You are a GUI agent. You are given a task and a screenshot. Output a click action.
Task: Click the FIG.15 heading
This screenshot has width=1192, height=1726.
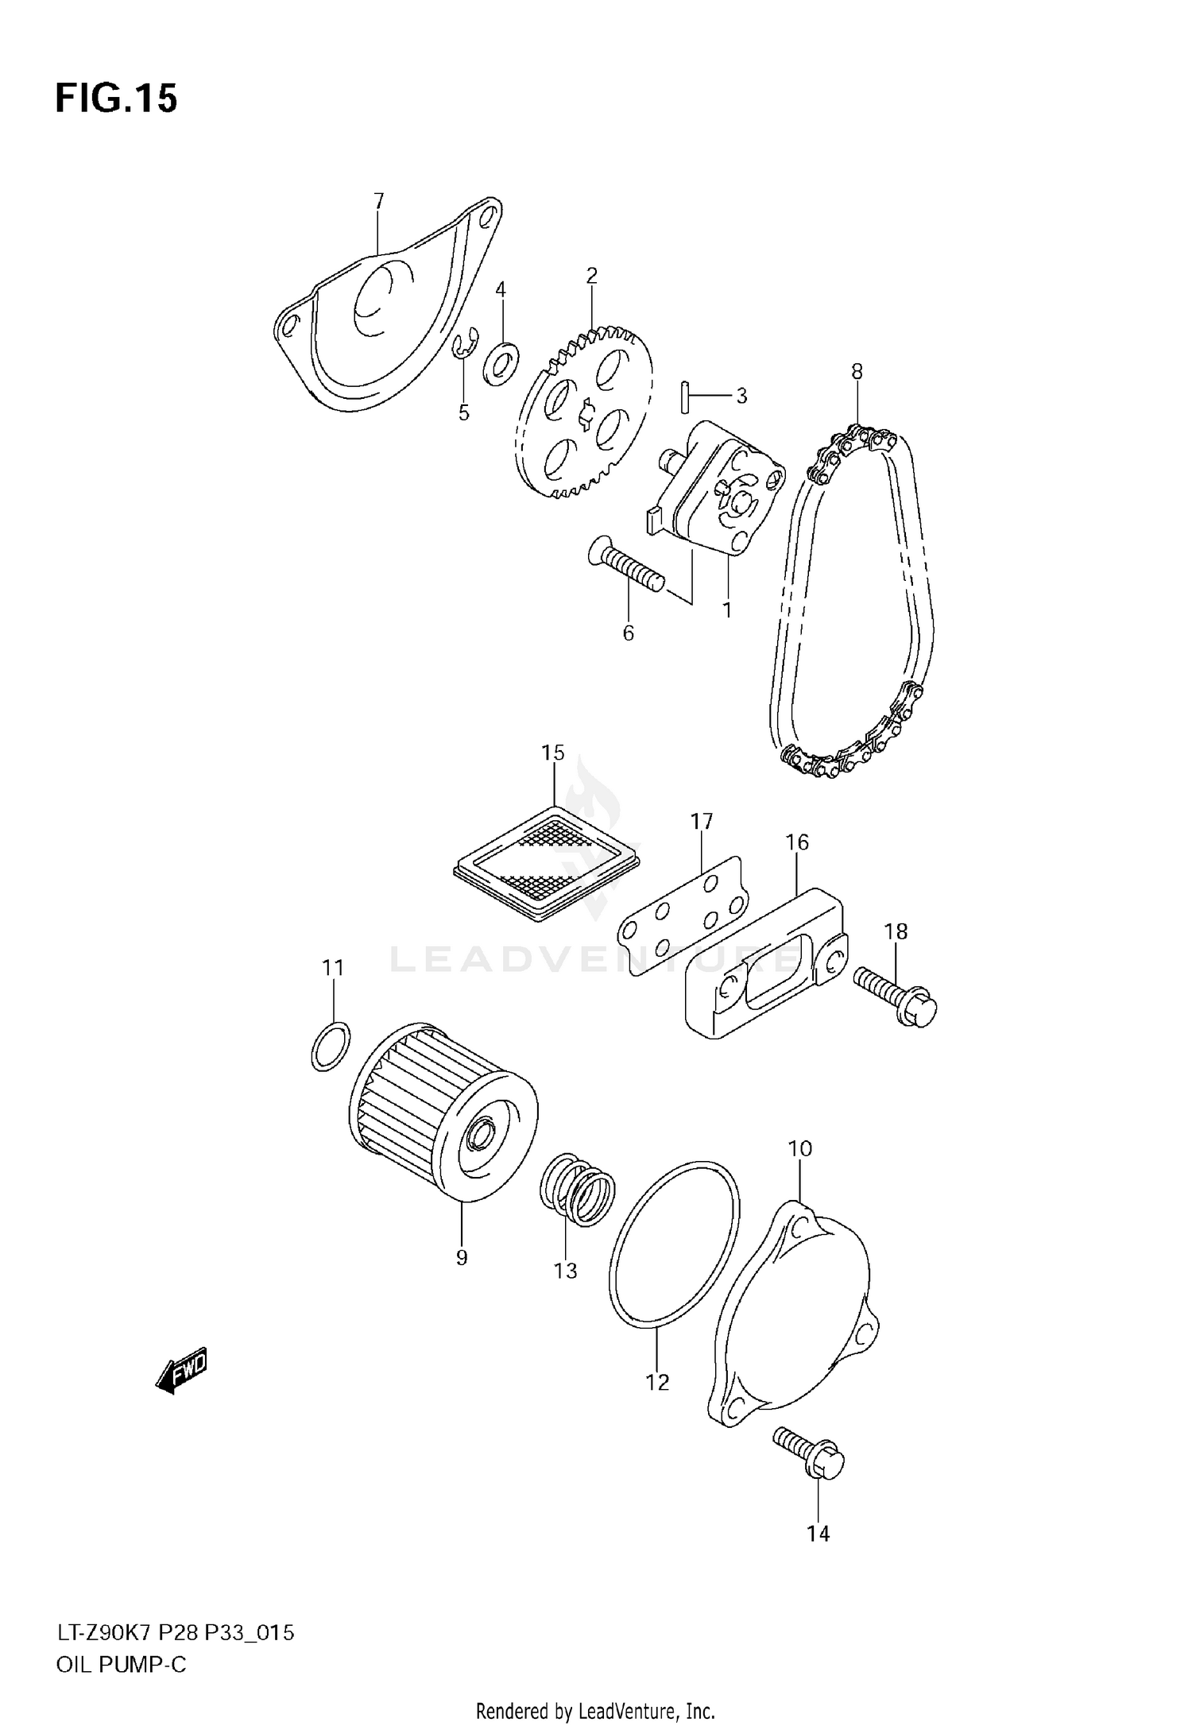tap(116, 99)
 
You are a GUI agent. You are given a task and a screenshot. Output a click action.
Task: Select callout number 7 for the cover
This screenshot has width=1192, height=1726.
tap(378, 201)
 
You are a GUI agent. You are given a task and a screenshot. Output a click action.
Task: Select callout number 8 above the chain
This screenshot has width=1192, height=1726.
tap(857, 371)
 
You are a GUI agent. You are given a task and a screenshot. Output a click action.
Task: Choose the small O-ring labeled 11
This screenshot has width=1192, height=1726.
tap(330, 1047)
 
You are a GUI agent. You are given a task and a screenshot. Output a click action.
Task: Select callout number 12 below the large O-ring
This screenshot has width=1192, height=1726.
tap(657, 1382)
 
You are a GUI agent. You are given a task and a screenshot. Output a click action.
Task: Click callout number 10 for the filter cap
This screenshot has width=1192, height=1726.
tap(800, 1148)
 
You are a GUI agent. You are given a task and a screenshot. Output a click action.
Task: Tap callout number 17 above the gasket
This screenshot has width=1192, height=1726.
tap(702, 821)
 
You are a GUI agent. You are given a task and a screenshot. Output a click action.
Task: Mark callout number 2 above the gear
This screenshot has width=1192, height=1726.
tap(591, 276)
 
